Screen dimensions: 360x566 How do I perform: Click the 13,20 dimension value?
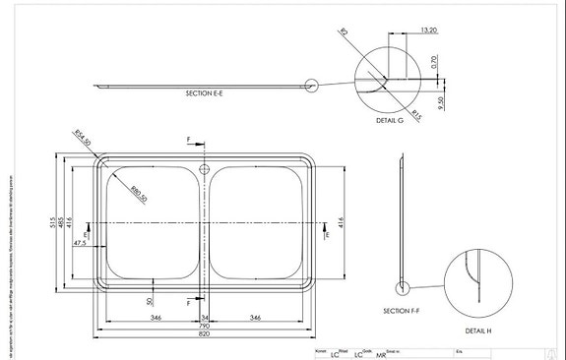click(x=427, y=30)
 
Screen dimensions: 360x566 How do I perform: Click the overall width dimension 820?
click(x=205, y=334)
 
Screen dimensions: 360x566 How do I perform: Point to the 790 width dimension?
click(x=205, y=327)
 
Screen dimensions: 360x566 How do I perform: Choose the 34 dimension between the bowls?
click(x=205, y=318)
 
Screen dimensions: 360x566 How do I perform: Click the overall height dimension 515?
click(x=55, y=221)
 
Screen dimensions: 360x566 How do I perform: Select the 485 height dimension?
click(x=63, y=221)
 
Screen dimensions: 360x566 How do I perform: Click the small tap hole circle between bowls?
click(x=205, y=169)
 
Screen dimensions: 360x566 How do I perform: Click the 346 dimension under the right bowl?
click(x=256, y=318)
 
